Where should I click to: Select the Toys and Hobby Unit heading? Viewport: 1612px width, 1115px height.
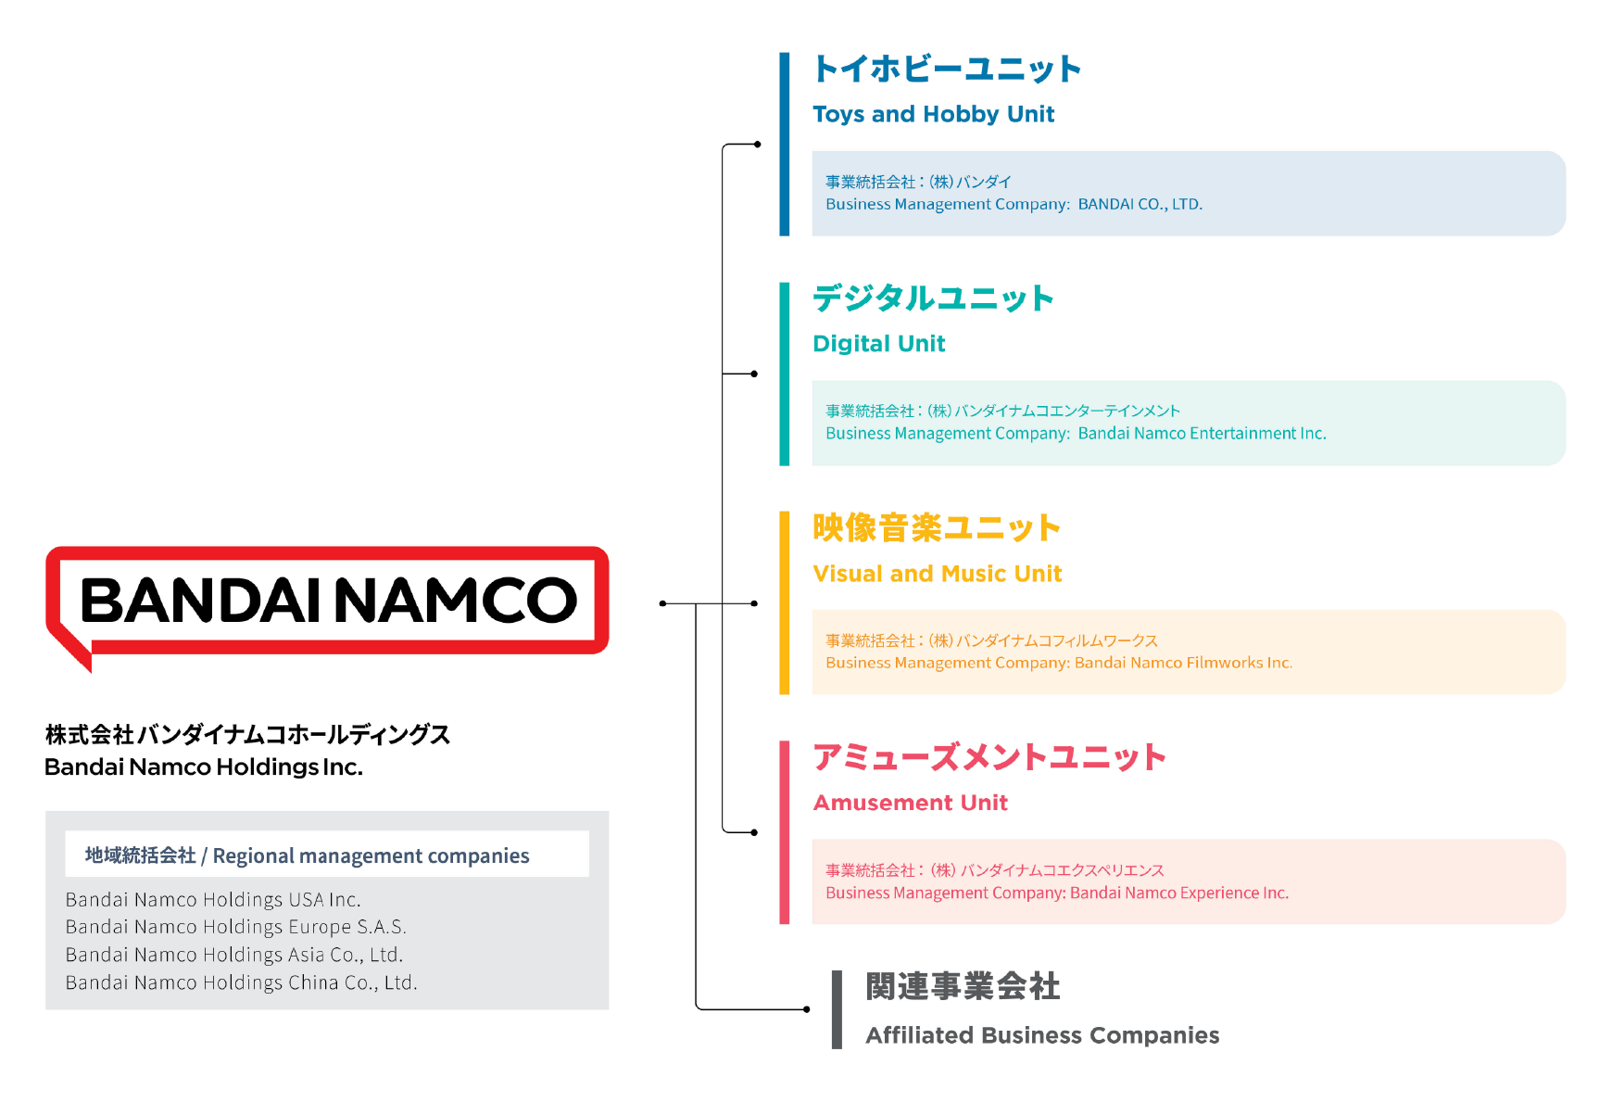[933, 114]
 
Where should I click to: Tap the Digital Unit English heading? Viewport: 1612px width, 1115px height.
[878, 344]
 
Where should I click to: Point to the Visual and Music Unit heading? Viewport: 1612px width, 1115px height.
[937, 574]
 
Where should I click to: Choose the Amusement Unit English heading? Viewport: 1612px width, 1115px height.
[910, 803]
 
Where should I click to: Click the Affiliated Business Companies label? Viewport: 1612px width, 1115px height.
[1042, 1035]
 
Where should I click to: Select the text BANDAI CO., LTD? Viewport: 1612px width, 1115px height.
[1140, 204]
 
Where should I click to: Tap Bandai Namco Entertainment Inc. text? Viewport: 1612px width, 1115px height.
[1203, 433]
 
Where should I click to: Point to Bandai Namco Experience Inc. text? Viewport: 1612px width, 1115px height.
[1179, 893]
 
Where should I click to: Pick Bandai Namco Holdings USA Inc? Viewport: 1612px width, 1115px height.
[213, 900]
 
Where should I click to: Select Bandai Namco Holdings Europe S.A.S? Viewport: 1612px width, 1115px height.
[235, 927]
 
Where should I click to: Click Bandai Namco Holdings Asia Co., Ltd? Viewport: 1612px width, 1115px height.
[234, 955]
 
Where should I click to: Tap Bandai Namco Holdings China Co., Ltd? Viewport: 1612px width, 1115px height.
[241, 982]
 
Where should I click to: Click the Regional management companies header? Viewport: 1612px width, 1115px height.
[307, 855]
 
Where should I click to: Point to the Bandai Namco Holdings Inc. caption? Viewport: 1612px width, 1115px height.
[204, 767]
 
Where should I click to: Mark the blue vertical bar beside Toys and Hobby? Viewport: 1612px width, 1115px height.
[785, 144]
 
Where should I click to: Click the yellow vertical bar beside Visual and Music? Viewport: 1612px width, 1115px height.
[785, 602]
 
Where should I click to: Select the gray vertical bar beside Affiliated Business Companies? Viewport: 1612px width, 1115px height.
[837, 1009]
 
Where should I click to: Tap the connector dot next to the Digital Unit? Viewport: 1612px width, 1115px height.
[754, 374]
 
